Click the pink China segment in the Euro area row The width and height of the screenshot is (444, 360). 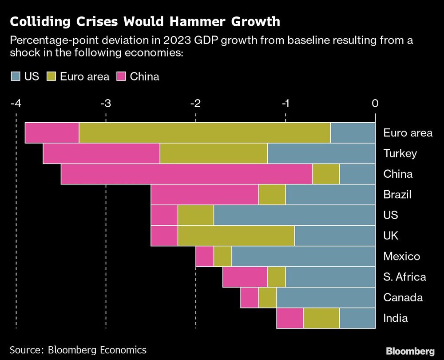tap(52, 132)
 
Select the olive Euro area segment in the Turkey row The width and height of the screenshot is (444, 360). tap(214, 153)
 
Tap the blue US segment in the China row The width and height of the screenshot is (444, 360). tap(357, 174)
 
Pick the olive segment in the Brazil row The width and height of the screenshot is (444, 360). tap(272, 195)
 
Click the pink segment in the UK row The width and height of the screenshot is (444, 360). tap(164, 236)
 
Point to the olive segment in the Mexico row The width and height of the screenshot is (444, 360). tap(222, 256)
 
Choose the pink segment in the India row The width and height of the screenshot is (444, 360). tap(290, 318)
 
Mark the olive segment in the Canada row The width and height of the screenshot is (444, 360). tap(267, 297)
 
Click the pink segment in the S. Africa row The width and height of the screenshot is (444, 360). tap(245, 277)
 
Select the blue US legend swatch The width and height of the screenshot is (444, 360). tap(16, 76)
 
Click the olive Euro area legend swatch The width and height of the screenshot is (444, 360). tap(50, 76)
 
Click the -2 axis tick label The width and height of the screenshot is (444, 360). tap(195, 103)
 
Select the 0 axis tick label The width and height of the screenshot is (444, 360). tap(375, 103)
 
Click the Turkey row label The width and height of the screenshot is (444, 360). tap(400, 153)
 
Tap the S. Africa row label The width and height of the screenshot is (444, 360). tap(404, 277)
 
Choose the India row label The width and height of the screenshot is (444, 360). tap(396, 318)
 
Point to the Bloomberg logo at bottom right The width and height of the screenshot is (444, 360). tap(411, 351)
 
